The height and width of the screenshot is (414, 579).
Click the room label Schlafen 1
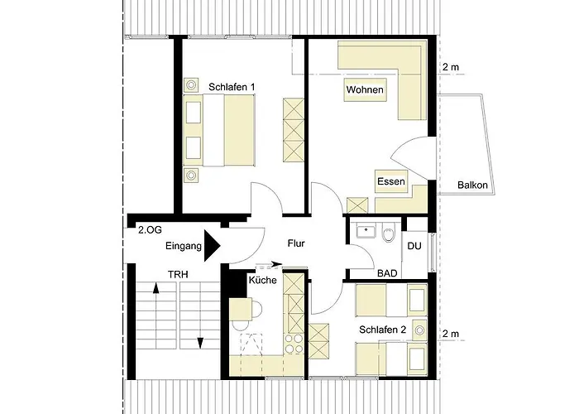[231, 86]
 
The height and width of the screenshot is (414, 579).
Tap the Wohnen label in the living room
[365, 90]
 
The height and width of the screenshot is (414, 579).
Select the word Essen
[390, 182]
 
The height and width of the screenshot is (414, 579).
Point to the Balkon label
[472, 185]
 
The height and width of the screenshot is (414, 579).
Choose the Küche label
[262, 281]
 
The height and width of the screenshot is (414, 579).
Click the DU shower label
[415, 245]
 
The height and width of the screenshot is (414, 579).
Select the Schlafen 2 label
[382, 330]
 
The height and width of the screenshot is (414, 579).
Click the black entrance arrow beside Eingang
[212, 246]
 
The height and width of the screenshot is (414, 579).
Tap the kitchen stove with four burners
[294, 342]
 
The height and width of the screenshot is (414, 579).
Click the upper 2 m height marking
[450, 67]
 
